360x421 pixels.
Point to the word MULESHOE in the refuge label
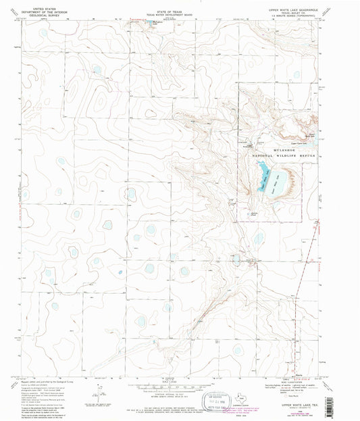point(272,149)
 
